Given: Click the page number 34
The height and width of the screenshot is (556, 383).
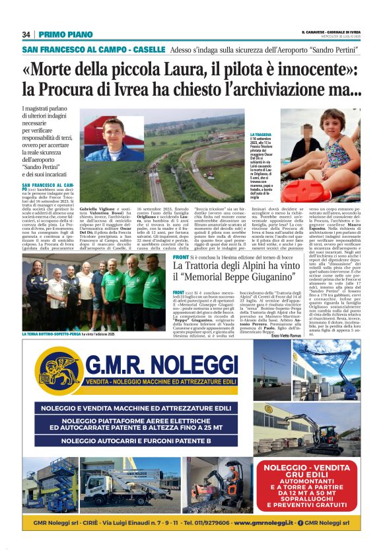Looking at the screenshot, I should (x=26, y=34).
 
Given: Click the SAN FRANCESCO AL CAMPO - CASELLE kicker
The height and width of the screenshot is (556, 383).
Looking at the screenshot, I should (x=94, y=50).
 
